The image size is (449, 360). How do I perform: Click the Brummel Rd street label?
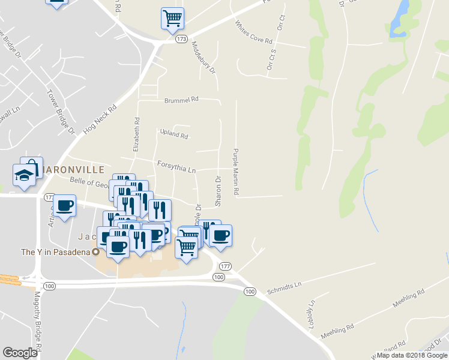click(x=181, y=101)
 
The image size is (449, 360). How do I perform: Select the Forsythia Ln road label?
click(x=176, y=166)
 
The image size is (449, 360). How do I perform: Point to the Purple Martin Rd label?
click(x=236, y=172)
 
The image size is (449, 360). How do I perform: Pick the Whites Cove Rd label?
click(x=254, y=33)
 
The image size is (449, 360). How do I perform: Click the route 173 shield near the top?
click(x=181, y=39)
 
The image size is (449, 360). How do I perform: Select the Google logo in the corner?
click(x=20, y=353)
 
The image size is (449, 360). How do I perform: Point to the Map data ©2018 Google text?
click(x=411, y=355)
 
